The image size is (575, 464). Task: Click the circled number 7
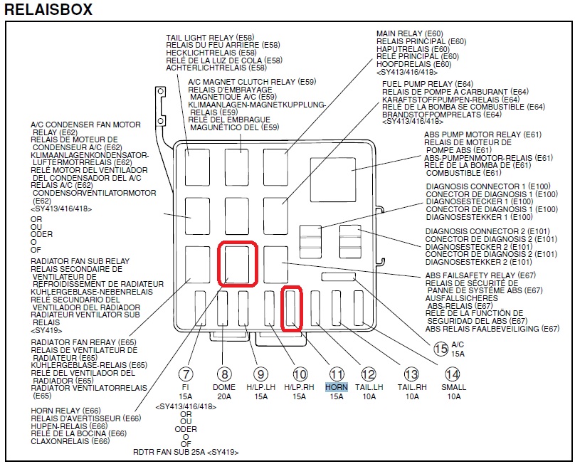pyautogui.click(x=186, y=374)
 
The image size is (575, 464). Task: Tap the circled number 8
pyautogui.click(x=224, y=374)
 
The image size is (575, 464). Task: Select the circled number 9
pyautogui.click(x=261, y=374)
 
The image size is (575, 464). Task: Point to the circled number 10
pyautogui.click(x=300, y=374)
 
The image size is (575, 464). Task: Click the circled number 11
pyautogui.click(x=337, y=374)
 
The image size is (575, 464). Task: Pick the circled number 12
pyautogui.click(x=368, y=374)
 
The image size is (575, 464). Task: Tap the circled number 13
pyautogui.click(x=411, y=374)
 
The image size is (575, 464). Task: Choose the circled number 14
pyautogui.click(x=451, y=374)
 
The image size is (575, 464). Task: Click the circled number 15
pyautogui.click(x=441, y=349)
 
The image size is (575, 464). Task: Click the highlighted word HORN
pyautogui.click(x=337, y=387)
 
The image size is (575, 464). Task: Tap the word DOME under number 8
pyautogui.click(x=224, y=387)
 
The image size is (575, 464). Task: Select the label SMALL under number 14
pyautogui.click(x=453, y=387)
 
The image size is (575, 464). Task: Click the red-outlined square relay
pyautogui.click(x=237, y=263)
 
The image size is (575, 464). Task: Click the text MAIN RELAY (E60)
pyautogui.click(x=409, y=33)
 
